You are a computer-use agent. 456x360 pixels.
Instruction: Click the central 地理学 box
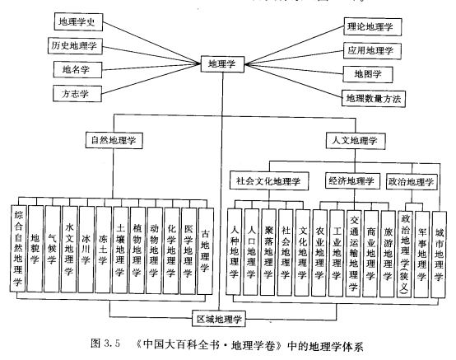pyautogui.click(x=222, y=64)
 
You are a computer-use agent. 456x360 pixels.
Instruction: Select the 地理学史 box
pyautogui.click(x=78, y=21)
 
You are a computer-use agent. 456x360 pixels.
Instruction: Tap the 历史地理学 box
pyautogui.click(x=75, y=46)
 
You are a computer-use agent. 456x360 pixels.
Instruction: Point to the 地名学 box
pyautogui.click(x=77, y=69)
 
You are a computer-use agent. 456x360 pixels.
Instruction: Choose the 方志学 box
pyautogui.click(x=77, y=94)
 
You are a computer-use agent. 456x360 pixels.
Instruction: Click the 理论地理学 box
pyautogui.click(x=373, y=27)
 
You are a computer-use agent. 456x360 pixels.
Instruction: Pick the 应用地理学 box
pyautogui.click(x=372, y=50)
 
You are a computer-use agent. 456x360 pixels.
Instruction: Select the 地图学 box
pyautogui.click(x=368, y=74)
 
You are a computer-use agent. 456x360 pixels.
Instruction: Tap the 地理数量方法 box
pyautogui.click(x=374, y=98)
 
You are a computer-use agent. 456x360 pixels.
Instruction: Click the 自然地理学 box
pyautogui.click(x=114, y=140)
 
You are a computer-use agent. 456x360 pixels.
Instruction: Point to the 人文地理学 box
pyautogui.click(x=356, y=141)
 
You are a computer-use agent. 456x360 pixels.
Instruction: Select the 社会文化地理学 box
pyautogui.click(x=269, y=180)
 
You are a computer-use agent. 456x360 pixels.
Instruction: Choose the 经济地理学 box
pyautogui.click(x=352, y=181)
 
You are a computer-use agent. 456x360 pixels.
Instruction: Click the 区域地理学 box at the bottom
pyautogui.click(x=219, y=319)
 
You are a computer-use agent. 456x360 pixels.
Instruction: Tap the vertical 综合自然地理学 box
pyautogui.click(x=18, y=248)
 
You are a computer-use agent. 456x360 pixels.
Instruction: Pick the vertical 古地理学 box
pyautogui.click(x=205, y=250)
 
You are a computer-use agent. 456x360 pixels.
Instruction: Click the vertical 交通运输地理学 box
pyautogui.click(x=354, y=254)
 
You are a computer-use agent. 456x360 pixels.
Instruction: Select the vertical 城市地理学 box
pyautogui.click(x=439, y=255)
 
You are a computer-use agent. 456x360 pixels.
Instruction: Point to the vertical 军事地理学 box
pyautogui.click(x=421, y=255)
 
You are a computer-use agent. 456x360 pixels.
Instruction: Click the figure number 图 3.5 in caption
pyautogui.click(x=105, y=344)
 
